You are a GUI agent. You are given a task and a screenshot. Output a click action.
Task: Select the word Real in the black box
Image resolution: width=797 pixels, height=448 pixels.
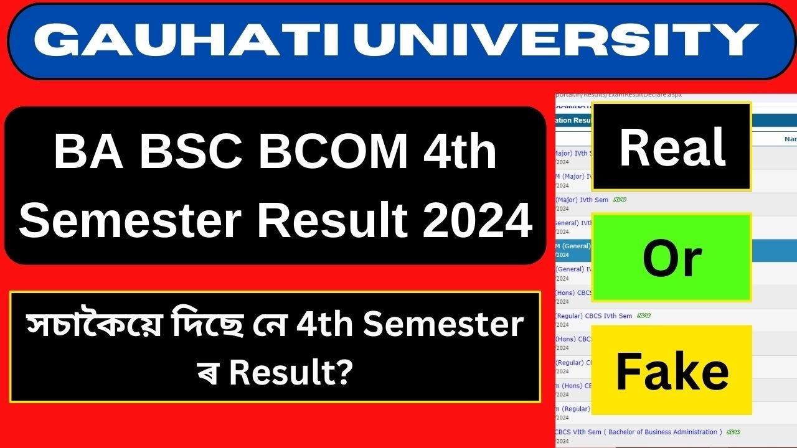[672, 147]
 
